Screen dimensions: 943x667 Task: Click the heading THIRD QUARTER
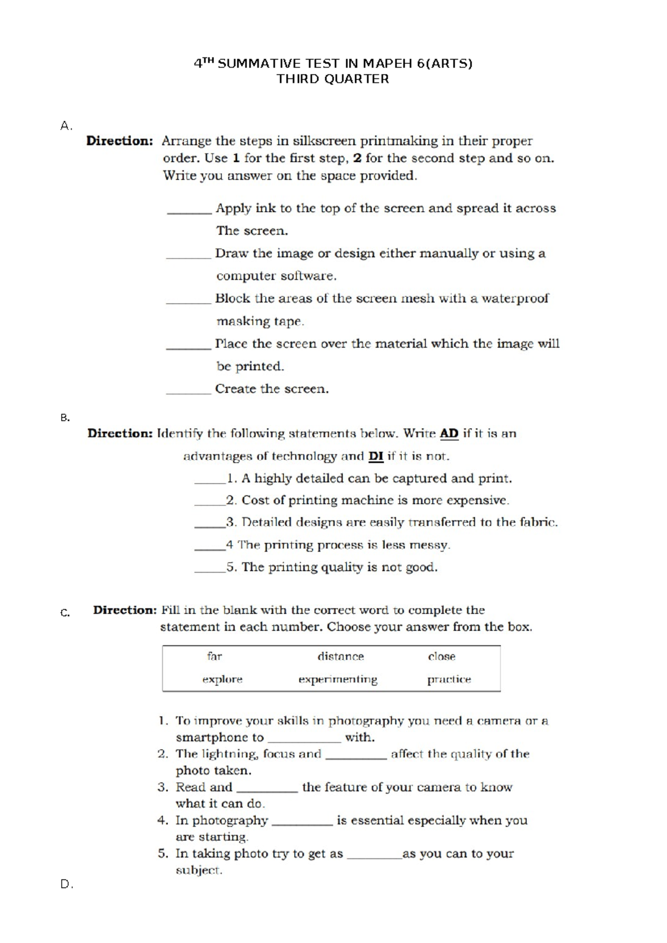(x=332, y=79)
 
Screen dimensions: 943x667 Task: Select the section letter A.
(x=66, y=126)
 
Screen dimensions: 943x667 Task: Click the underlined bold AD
(x=449, y=433)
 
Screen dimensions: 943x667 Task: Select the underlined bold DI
(x=376, y=456)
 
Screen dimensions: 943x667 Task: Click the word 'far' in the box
(x=215, y=656)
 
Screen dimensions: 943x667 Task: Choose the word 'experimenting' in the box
(x=338, y=679)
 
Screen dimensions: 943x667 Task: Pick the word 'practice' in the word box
(x=449, y=679)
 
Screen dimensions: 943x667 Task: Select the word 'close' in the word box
(x=441, y=656)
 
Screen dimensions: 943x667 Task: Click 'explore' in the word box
(x=222, y=679)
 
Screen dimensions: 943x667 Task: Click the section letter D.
(x=66, y=884)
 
